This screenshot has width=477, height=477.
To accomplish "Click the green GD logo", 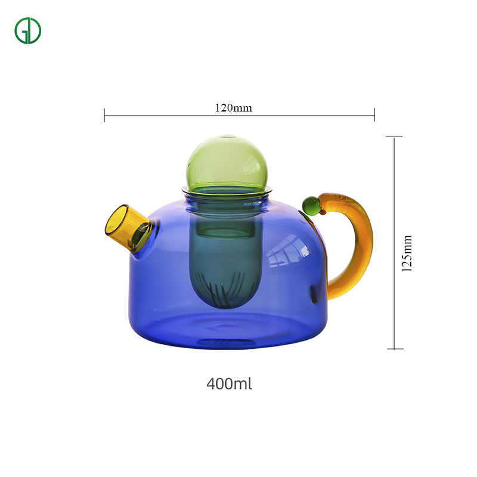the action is tap(27, 31).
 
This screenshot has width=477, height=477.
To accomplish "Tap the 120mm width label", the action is tap(233, 108).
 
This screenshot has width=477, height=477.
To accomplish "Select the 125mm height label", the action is tap(407, 253).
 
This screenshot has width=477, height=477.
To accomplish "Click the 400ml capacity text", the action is tap(229, 383).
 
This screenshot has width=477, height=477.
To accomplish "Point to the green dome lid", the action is tap(227, 163).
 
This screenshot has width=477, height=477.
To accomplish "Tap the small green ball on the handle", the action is tap(311, 206).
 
